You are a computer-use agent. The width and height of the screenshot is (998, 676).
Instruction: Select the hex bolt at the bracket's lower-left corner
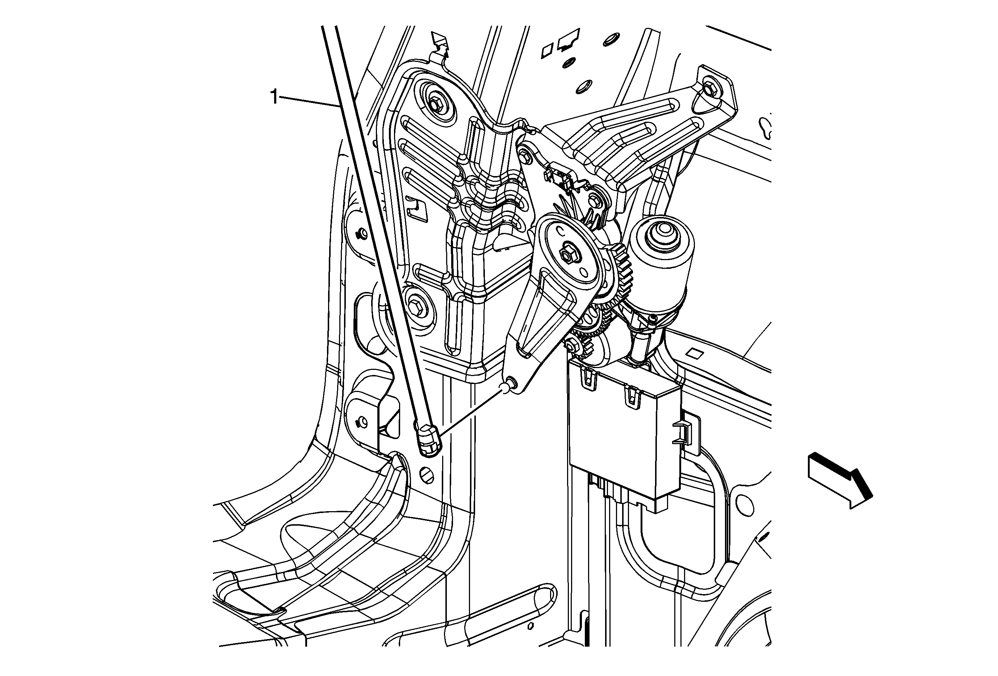coord(416,306)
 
